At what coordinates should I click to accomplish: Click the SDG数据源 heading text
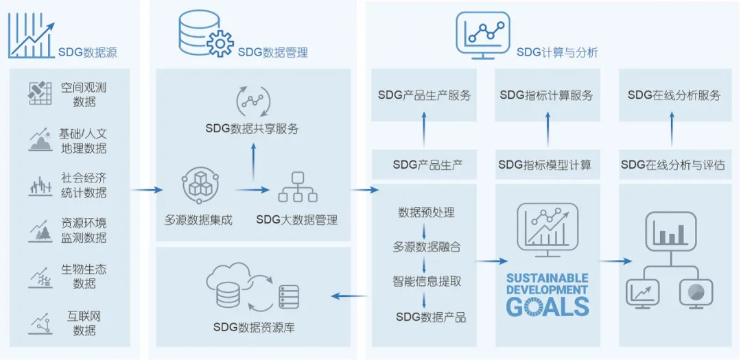click(x=87, y=53)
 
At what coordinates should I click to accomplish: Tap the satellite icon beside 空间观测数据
click(x=40, y=93)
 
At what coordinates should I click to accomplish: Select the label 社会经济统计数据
click(x=84, y=185)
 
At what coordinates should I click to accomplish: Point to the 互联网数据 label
click(x=84, y=323)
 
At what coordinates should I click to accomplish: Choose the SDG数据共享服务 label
click(x=252, y=128)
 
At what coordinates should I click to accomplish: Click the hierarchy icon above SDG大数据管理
click(x=297, y=187)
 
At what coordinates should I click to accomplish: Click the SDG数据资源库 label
click(x=253, y=328)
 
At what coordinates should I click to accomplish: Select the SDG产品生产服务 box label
click(x=425, y=96)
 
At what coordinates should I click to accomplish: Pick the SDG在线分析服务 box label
click(x=674, y=96)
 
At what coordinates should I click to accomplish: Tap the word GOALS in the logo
click(x=547, y=307)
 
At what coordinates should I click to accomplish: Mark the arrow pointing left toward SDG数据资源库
click(x=348, y=296)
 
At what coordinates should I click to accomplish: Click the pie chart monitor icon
click(x=695, y=293)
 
